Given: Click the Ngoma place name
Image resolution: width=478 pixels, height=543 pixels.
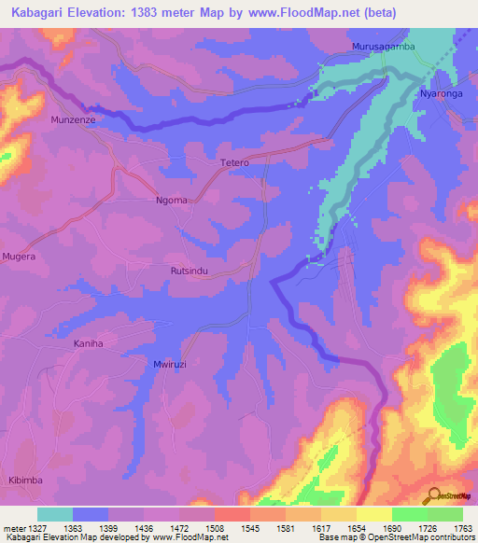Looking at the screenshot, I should [171, 200].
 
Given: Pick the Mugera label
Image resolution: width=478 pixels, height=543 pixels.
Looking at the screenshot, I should [19, 255].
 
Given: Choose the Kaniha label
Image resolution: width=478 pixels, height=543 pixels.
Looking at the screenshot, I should [87, 344].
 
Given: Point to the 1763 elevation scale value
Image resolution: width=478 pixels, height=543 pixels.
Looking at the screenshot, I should [463, 528].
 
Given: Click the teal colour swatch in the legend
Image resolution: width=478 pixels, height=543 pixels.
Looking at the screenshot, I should [55, 514].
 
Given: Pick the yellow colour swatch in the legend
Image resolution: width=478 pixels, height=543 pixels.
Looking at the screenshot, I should [374, 514].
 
